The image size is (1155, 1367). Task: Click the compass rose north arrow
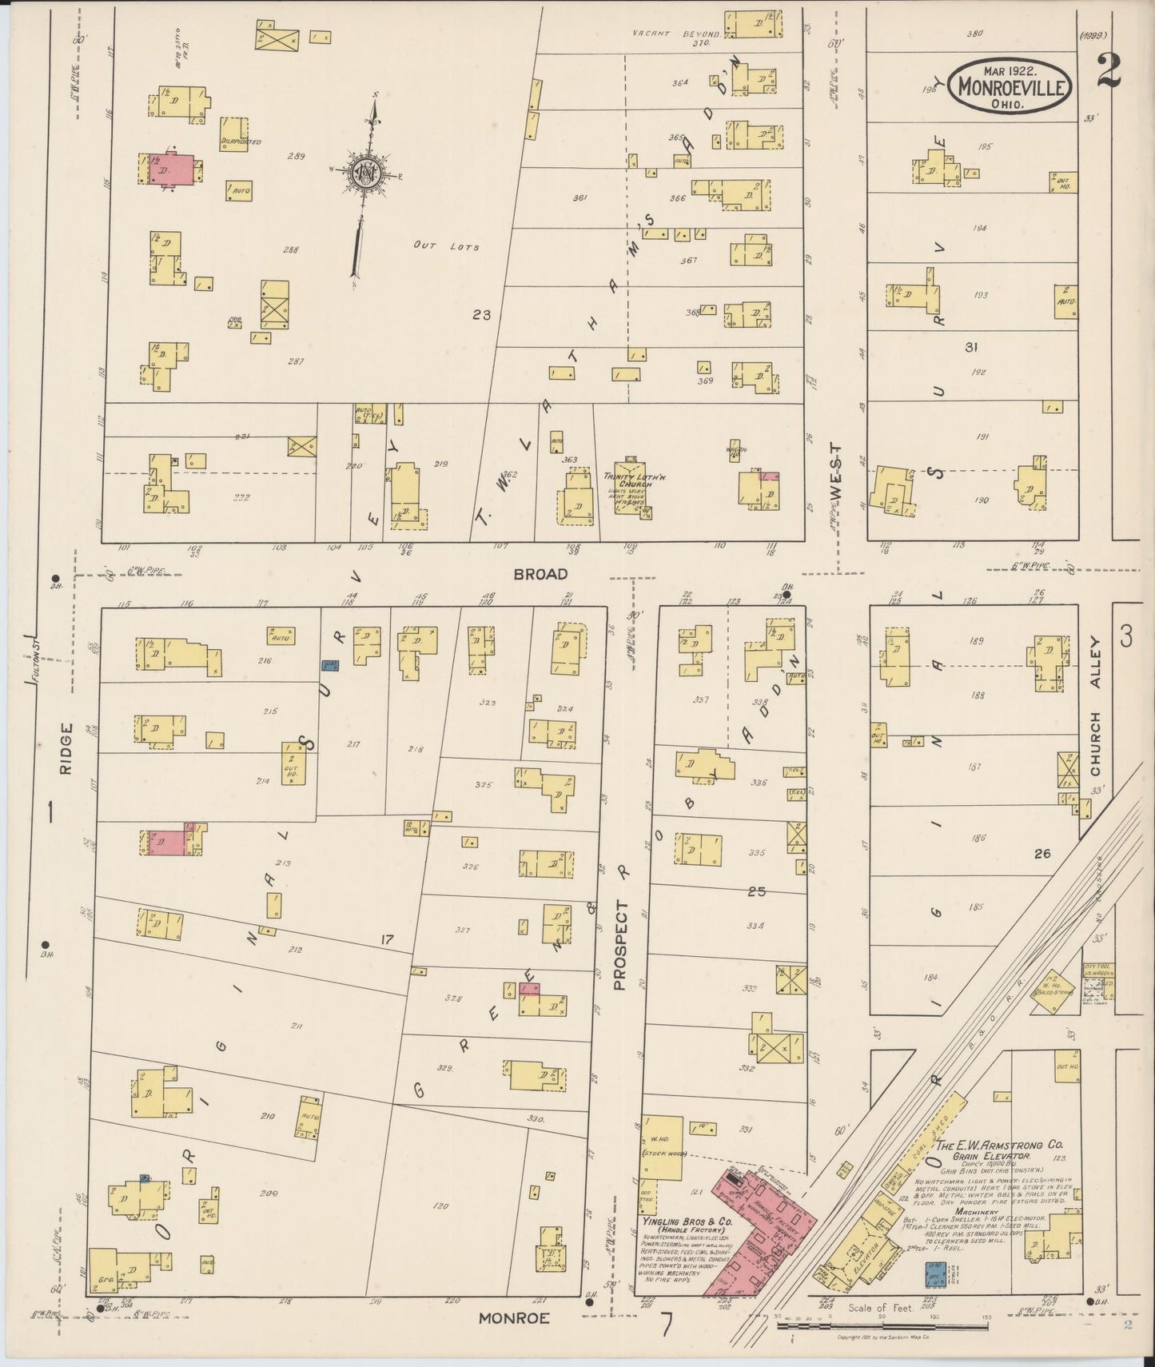coord(366,172)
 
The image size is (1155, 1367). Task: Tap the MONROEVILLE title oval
coord(1012,85)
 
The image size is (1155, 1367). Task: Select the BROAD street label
coord(540,574)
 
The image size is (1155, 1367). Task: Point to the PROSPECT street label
coord(622,946)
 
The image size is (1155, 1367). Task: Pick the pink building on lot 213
coord(168,842)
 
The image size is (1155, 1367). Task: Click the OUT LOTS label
coord(446,246)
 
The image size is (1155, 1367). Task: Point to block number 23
coord(481,315)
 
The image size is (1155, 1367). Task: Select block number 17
coord(387,940)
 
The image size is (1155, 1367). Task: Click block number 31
coord(970,347)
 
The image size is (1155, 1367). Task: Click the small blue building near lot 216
coord(328,664)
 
